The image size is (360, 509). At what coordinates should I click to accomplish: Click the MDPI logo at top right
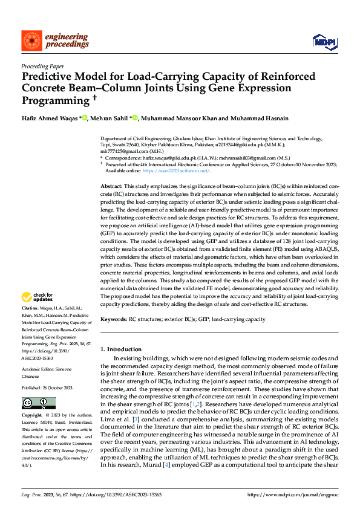(326, 41)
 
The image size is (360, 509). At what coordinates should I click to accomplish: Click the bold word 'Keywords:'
(114, 319)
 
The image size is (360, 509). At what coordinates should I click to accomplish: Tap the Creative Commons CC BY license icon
(39, 403)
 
